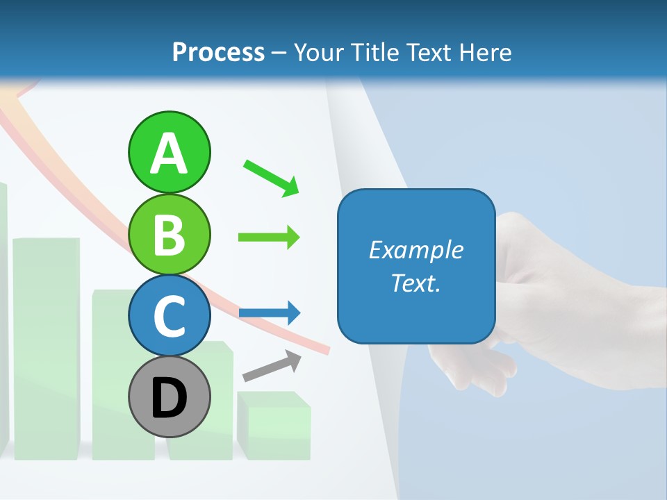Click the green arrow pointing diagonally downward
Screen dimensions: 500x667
pyautogui.click(x=271, y=177)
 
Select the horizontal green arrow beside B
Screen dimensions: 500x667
pyautogui.click(x=269, y=237)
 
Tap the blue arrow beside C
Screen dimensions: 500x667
pyautogui.click(x=270, y=313)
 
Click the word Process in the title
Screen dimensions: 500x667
pyautogui.click(x=218, y=52)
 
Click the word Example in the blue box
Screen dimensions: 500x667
pyautogui.click(x=415, y=250)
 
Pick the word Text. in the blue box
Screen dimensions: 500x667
pyautogui.click(x=415, y=283)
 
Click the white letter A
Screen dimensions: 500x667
pyautogui.click(x=169, y=154)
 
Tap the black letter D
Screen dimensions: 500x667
pyautogui.click(x=169, y=399)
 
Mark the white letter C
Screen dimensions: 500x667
pyautogui.click(x=169, y=317)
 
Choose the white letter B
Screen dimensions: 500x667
pyautogui.click(x=169, y=235)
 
